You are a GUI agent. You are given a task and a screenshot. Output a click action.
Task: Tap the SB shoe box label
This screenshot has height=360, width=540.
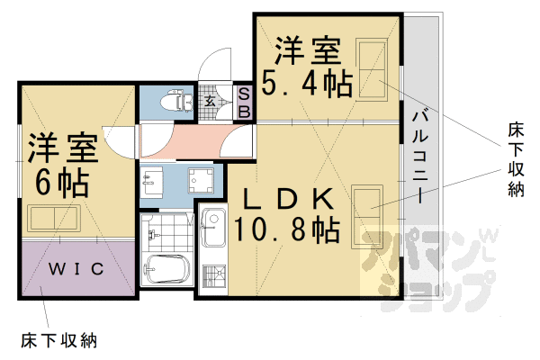(x=244, y=102)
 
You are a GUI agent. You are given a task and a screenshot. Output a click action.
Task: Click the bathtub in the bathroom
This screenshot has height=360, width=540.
(x=168, y=269)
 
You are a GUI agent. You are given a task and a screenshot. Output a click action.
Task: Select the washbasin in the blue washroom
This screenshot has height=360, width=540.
(x=151, y=181)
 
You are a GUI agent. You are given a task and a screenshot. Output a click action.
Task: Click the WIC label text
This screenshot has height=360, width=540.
(x=76, y=269)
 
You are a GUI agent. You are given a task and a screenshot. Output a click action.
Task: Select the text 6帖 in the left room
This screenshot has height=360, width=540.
(x=61, y=180)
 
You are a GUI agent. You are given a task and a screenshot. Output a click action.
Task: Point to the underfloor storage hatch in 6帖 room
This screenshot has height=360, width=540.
(x=54, y=218)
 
